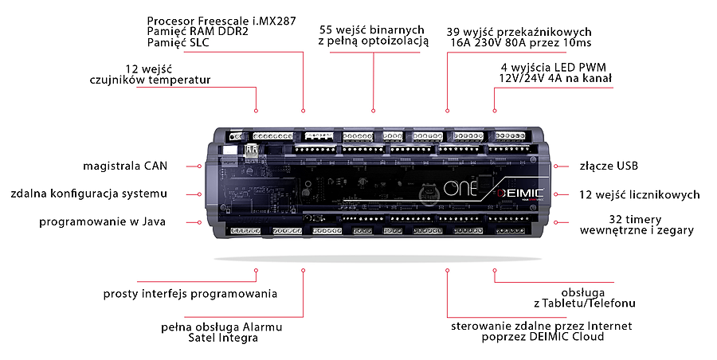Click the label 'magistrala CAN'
tap(125, 166)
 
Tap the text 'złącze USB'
tap(609, 166)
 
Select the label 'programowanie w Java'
tap(103, 221)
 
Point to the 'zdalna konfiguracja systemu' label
tap(88, 194)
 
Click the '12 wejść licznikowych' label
tap(640, 194)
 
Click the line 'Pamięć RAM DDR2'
tap(189, 30)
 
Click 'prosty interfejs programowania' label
tap(190, 294)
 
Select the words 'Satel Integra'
tap(223, 338)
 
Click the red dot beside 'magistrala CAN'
tap(198, 166)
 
